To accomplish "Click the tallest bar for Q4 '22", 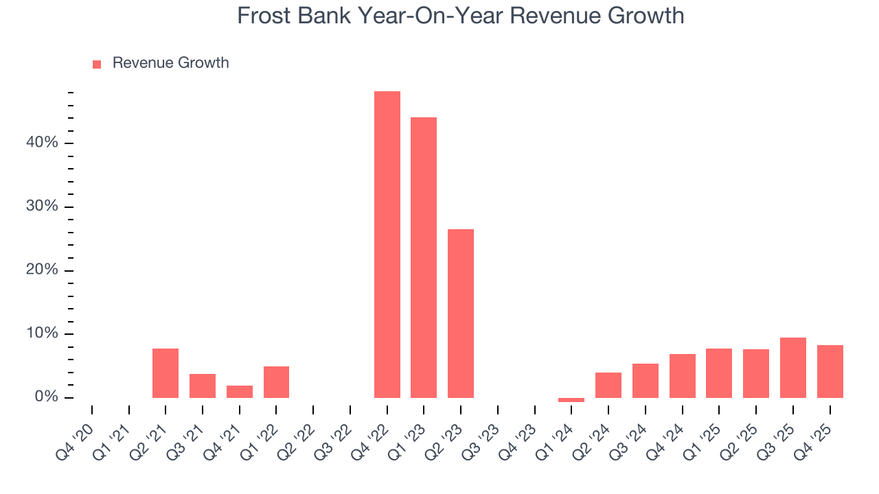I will (387, 244).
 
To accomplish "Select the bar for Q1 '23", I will (424, 257).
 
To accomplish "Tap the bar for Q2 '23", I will (461, 314).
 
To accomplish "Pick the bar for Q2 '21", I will (165, 373).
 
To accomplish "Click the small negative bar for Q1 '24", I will (571, 400).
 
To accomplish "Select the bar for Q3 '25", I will (793, 368).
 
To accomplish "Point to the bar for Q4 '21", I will (240, 392).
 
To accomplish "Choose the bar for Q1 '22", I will (276, 382).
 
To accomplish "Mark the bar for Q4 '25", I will (830, 371).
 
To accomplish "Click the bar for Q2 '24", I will (608, 385).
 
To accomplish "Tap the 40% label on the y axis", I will (43, 143).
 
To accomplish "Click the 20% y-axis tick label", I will (43, 270).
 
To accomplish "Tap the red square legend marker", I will (97, 64).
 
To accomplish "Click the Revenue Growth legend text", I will (170, 63).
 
